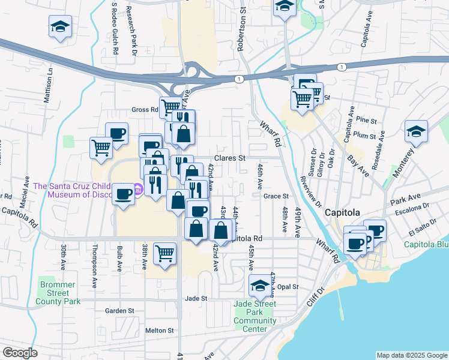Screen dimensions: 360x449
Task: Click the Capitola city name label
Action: tap(342, 213)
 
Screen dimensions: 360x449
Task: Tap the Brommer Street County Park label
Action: tap(59, 293)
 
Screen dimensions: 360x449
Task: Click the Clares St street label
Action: tap(231, 158)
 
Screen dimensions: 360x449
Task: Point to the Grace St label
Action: tap(276, 196)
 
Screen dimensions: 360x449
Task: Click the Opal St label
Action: tap(288, 287)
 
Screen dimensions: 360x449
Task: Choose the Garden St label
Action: tap(119, 311)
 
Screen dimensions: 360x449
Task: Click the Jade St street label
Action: tap(196, 298)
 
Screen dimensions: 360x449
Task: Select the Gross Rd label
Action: tap(144, 110)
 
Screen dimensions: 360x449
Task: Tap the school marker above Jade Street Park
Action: tap(260, 286)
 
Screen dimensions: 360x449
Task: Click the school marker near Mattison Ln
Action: tap(60, 27)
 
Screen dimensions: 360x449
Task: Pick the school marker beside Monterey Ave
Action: tap(416, 132)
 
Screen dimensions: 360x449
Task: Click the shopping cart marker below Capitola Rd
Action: tap(164, 253)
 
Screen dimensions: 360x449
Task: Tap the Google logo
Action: tap(19, 353)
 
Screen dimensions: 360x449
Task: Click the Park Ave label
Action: tap(405, 198)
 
